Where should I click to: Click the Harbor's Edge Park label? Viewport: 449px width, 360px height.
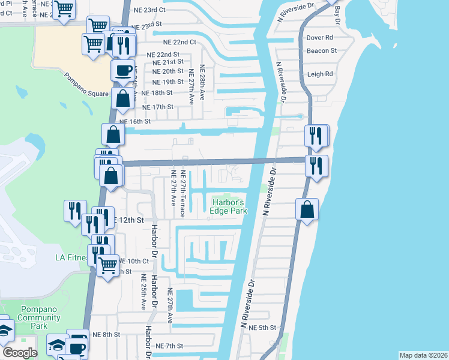(x=229, y=206)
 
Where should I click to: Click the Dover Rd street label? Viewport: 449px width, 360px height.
(x=319, y=37)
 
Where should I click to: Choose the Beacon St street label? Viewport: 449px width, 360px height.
(x=321, y=51)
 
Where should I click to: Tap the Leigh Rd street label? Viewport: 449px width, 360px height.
(x=320, y=74)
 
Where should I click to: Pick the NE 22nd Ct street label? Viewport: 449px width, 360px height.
(x=179, y=42)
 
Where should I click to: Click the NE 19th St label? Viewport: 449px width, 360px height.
(x=168, y=82)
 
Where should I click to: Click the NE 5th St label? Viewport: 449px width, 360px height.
(x=264, y=328)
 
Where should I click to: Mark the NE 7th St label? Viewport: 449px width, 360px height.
(x=169, y=346)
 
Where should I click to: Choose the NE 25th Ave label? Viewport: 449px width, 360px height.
(x=143, y=292)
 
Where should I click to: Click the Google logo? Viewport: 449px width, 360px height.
(x=20, y=352)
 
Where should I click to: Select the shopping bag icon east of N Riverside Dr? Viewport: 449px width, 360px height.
(x=306, y=210)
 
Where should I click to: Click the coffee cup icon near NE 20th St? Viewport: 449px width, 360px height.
(x=123, y=70)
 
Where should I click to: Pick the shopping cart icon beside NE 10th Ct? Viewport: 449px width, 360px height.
(x=108, y=264)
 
